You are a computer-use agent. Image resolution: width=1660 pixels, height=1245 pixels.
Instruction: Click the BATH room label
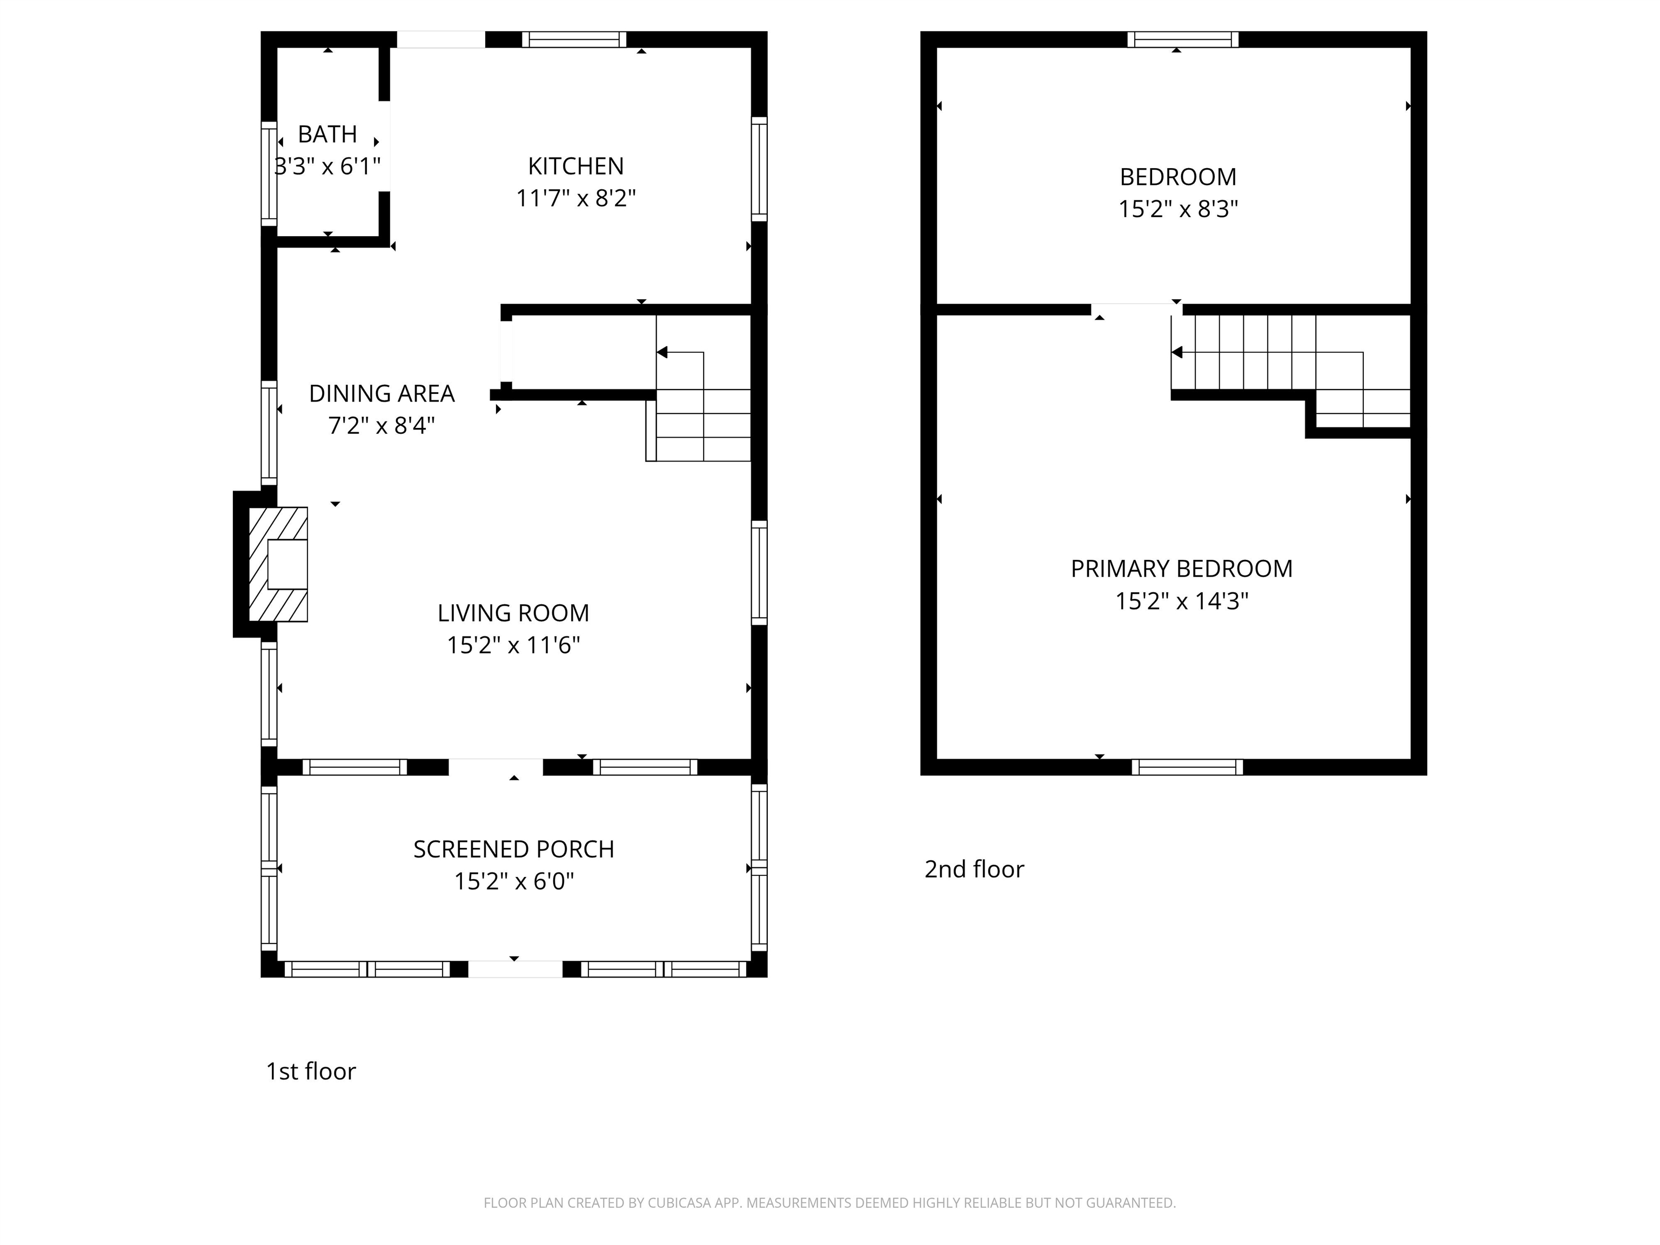327,135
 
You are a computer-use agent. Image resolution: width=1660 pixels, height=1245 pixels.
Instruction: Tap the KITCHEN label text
575,166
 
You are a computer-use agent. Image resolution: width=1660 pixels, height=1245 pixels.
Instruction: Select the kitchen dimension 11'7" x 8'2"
575,198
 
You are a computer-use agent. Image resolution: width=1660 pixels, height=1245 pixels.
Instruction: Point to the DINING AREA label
382,393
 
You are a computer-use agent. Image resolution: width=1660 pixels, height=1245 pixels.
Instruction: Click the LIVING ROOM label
513,613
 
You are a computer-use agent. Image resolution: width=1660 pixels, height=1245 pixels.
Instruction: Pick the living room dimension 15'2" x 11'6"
513,645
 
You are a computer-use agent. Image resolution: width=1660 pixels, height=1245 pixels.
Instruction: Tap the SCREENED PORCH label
513,849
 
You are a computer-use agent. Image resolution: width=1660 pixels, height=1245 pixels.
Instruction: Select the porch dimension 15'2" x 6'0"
513,881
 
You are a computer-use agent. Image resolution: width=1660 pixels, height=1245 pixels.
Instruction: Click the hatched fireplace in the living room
278,564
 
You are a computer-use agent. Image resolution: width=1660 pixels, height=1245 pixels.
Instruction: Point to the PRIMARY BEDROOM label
1181,569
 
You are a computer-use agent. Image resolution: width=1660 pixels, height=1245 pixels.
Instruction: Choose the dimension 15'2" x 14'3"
1181,601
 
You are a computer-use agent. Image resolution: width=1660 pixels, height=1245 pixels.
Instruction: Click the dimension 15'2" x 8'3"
1178,209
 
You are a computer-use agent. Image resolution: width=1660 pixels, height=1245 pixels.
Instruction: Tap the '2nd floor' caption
974,869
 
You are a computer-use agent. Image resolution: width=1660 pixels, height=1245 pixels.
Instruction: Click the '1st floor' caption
311,1071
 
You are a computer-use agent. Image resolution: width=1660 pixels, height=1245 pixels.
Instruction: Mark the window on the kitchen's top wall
574,39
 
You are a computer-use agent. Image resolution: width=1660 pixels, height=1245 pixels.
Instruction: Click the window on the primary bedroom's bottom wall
1187,767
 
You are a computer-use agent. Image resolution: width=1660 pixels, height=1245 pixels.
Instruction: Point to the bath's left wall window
269,173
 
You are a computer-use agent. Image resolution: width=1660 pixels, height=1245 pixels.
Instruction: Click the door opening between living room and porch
496,767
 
